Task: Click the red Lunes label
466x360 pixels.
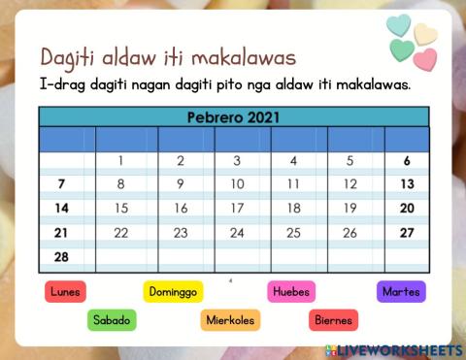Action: click(x=66, y=290)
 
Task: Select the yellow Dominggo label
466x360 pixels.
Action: click(x=173, y=290)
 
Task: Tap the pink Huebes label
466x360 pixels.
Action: click(x=291, y=290)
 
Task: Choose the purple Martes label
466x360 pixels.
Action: click(x=401, y=290)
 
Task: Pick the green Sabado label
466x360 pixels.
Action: click(x=112, y=319)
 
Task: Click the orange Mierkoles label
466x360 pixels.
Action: click(x=229, y=319)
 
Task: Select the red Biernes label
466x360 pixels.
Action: click(x=333, y=319)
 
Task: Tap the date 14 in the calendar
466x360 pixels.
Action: click(x=61, y=208)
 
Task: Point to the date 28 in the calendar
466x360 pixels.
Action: click(x=61, y=256)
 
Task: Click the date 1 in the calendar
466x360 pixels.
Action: click(x=120, y=161)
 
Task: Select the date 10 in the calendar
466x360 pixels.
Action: click(x=237, y=183)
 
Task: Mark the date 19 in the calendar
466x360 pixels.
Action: click(x=349, y=208)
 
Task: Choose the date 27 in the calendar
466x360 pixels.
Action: click(x=407, y=233)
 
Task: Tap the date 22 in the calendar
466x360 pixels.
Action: click(x=120, y=233)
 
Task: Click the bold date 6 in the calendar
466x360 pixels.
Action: click(x=407, y=161)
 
